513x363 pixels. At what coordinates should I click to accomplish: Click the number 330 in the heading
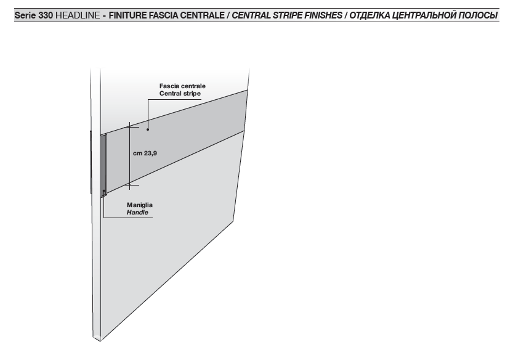pos(46,15)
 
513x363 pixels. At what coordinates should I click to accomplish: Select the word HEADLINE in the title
pos(78,15)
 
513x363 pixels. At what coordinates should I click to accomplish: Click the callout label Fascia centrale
pos(182,86)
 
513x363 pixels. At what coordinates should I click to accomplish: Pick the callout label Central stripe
pos(180,94)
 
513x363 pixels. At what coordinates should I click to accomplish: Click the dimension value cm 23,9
pos(145,153)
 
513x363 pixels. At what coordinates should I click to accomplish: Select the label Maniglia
pos(140,205)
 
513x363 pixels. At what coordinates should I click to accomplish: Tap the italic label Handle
pos(137,213)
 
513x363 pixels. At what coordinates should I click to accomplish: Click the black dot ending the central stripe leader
pos(148,129)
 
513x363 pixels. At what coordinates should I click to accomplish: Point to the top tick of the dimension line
pos(130,127)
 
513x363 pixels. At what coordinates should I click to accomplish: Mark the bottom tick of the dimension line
pos(130,186)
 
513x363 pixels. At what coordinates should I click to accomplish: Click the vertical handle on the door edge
pos(103,166)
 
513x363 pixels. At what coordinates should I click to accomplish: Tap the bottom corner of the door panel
pos(100,341)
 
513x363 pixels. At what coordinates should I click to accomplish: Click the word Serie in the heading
pos(25,15)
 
